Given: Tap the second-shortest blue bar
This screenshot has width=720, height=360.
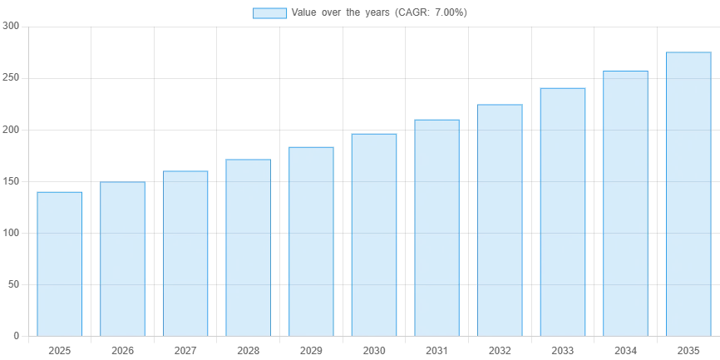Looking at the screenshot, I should tap(123, 258).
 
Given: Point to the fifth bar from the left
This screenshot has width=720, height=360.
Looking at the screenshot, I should tap(312, 241).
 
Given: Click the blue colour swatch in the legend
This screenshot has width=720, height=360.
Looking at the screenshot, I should tap(270, 13).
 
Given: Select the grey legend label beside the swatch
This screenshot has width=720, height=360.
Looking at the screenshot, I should tap(382, 13).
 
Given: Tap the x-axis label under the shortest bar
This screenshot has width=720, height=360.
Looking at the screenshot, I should tap(60, 352).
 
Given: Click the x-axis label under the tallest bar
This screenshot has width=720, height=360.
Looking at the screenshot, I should tap(688, 352).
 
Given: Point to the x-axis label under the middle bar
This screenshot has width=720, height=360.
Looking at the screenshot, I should tap(372, 352).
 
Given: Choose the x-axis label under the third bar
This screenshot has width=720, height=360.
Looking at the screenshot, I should tap(185, 352).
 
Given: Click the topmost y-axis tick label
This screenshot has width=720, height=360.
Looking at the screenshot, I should tap(10, 27).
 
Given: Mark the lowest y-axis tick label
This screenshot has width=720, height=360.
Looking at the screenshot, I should tap(15, 333).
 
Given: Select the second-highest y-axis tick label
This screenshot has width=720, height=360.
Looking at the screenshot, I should tap(10, 79).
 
